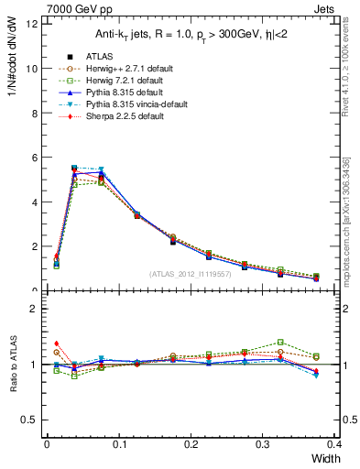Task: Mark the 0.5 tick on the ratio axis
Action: [28, 420]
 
